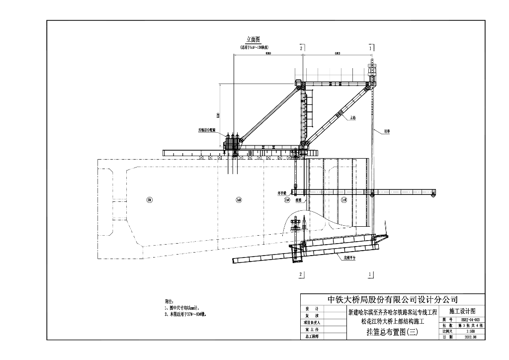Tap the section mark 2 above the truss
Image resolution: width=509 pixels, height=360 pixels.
tap(301, 47)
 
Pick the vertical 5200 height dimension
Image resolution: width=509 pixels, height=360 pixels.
tap(218, 115)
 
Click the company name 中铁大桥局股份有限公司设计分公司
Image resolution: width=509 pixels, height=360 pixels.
tap(393, 300)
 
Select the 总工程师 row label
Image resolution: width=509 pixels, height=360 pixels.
tap(313, 337)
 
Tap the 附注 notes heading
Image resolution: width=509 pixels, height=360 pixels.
tap(169, 301)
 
